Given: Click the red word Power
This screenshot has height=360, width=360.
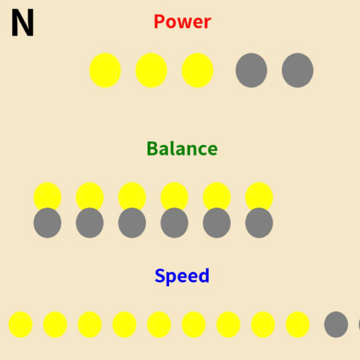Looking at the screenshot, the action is tap(182, 22).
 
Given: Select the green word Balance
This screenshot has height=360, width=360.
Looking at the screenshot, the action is tap(182, 149).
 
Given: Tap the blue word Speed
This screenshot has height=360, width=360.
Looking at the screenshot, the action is tap(182, 276).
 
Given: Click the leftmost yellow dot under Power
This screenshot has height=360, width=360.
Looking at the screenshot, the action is tap(105, 70).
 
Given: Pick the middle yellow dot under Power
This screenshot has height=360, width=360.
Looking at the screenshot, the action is tap(151, 70).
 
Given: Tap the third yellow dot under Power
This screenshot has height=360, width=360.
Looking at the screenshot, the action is tap(198, 70).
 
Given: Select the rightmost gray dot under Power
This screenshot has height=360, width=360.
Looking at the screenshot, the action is tap(297, 70).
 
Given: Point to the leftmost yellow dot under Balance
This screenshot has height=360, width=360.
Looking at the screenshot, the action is tap(47, 196).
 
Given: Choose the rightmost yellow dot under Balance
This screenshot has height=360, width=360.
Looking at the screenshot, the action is tap(259, 196).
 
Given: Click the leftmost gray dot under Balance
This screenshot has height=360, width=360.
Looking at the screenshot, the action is tap(47, 222).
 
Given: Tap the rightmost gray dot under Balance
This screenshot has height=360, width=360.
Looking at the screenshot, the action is tap(259, 222).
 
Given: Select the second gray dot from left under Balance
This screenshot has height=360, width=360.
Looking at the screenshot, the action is tap(90, 222).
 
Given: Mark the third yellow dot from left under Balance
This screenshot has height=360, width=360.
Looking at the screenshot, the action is tap(132, 196).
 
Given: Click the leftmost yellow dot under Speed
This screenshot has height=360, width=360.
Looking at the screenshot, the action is tap(20, 324).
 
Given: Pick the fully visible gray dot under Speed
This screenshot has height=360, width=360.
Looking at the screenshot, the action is tap(336, 324).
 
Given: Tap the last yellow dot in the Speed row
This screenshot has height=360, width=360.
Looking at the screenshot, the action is tap(297, 324).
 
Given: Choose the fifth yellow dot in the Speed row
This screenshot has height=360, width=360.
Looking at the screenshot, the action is tap(159, 324).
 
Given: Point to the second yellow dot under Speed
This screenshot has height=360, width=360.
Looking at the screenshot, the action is tap(55, 324).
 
